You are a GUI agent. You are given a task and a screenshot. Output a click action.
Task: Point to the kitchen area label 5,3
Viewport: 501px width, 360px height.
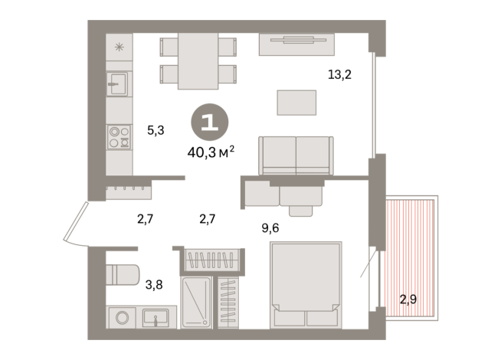click(156, 130)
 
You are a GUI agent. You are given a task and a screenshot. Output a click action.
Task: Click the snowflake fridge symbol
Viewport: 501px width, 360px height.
click(119, 47)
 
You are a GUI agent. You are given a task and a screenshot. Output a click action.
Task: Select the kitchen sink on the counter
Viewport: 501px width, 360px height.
click(118, 83)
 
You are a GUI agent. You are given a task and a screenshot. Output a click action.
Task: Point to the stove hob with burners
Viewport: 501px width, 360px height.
click(119, 136)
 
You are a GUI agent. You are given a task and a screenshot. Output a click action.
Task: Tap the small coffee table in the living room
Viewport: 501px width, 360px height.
click(296, 102)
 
